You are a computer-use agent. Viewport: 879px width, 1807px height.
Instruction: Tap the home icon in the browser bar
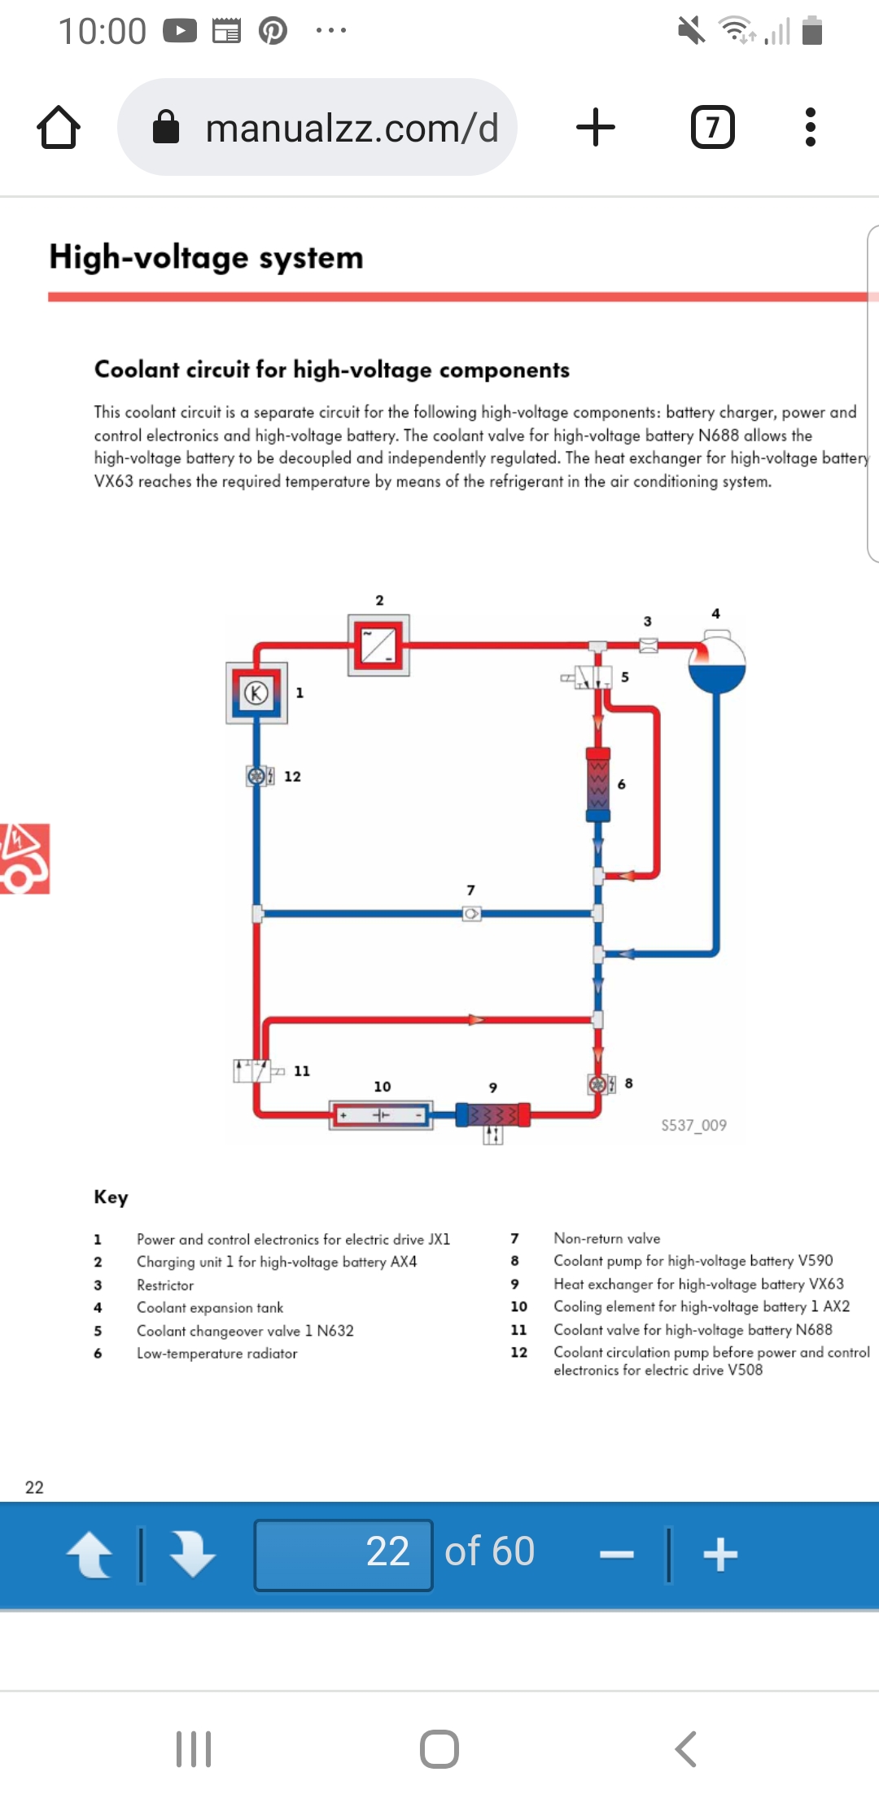[x=59, y=128]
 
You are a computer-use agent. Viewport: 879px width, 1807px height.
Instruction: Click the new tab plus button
[x=596, y=128]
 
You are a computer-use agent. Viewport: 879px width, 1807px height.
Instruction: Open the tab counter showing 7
[x=712, y=128]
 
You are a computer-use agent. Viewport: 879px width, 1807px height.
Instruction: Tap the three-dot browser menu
[x=810, y=128]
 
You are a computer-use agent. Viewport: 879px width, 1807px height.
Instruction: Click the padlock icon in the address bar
[x=166, y=127]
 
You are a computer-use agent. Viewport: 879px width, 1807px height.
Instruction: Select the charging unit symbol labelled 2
[x=378, y=645]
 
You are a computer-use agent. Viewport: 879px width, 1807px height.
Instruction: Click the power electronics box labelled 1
[x=257, y=693]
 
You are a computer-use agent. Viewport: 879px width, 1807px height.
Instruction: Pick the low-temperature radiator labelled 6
[x=598, y=785]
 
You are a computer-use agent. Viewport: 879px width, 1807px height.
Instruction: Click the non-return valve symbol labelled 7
[x=471, y=913]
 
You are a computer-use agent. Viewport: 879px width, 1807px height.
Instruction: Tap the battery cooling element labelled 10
[x=380, y=1114]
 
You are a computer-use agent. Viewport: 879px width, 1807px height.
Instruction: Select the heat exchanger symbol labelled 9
[x=493, y=1114]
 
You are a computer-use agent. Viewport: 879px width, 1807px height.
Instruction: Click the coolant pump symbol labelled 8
[x=598, y=1084]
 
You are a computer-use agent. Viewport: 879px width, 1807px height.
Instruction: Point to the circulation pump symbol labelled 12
[x=257, y=776]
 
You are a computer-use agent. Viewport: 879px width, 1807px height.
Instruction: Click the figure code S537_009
[x=693, y=1125]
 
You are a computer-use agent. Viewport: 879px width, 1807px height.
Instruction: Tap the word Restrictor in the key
[x=165, y=1285]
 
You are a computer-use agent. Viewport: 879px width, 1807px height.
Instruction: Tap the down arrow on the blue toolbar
[x=192, y=1554]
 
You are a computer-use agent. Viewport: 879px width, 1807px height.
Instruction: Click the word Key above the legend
[x=112, y=1197]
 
